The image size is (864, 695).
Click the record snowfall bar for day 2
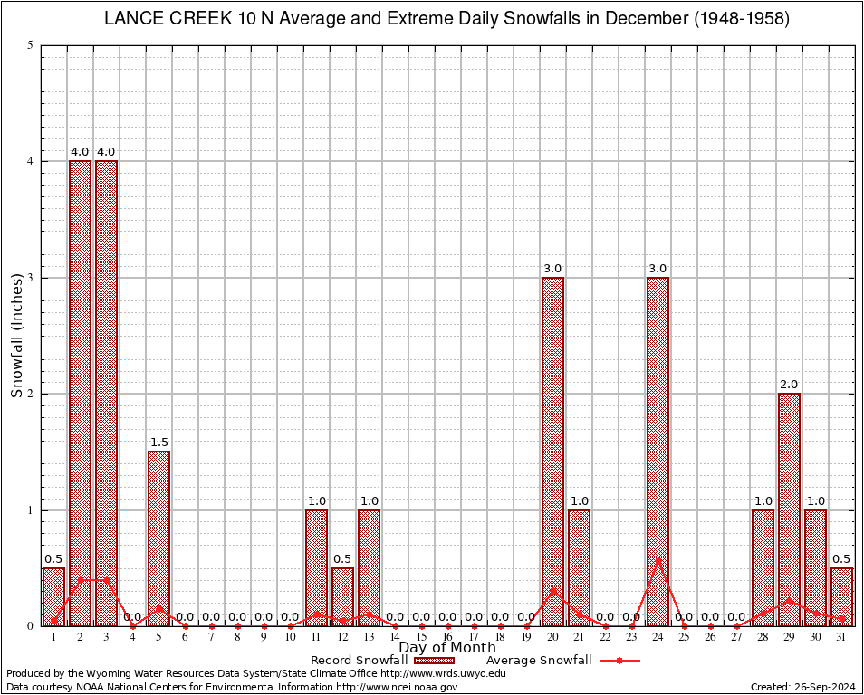(x=80, y=393)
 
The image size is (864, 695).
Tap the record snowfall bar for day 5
(x=158, y=538)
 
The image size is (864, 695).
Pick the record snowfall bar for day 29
(x=789, y=509)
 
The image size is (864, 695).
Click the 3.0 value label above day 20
(x=552, y=269)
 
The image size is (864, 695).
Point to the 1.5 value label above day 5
(x=158, y=443)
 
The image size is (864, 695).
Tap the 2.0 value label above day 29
(x=789, y=385)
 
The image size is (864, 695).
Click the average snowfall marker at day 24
(x=658, y=560)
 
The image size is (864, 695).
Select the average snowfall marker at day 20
(x=552, y=590)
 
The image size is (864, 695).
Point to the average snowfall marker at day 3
(x=106, y=579)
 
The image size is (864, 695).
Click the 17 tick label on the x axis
(x=474, y=637)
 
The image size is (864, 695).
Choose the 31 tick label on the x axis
(x=841, y=637)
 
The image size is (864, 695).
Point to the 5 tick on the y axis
(x=31, y=45)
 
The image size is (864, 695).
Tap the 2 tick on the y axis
(x=31, y=394)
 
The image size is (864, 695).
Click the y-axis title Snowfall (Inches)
(x=17, y=335)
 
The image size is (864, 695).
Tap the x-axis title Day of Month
(x=447, y=647)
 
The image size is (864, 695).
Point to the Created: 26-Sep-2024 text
(x=802, y=687)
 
